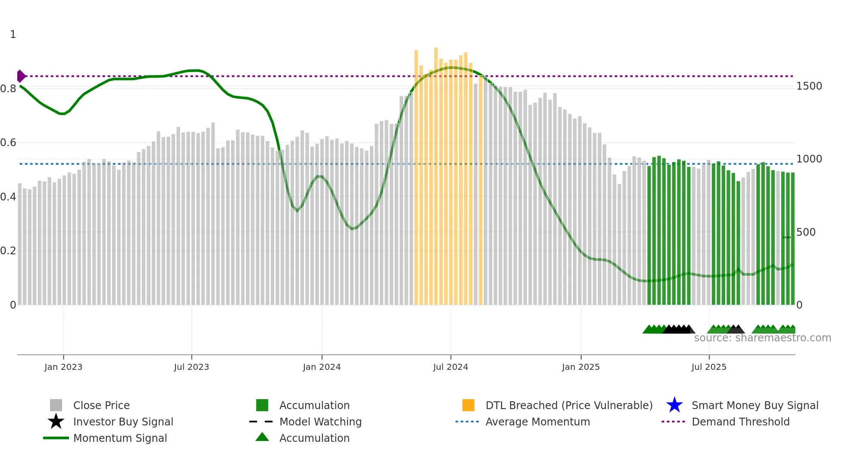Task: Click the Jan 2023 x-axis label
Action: (x=63, y=367)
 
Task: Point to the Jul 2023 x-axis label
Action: (x=191, y=367)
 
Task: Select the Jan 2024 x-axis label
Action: (x=322, y=367)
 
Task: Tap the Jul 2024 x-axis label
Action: (x=451, y=367)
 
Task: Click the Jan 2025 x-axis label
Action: (x=581, y=367)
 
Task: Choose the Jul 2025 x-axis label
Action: (x=709, y=367)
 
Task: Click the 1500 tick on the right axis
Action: (x=809, y=86)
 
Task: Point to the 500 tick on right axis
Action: (x=806, y=232)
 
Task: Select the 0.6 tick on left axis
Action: (x=8, y=143)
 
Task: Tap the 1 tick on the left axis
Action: (x=13, y=34)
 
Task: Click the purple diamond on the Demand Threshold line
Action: (x=21, y=76)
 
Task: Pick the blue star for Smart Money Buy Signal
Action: (x=674, y=405)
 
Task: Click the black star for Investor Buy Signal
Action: (x=56, y=422)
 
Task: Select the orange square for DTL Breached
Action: (x=468, y=405)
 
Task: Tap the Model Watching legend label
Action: (x=320, y=422)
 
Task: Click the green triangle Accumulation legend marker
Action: (x=262, y=437)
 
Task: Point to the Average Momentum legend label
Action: (x=538, y=422)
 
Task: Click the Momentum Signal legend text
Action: (x=120, y=438)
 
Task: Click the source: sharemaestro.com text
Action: (x=762, y=338)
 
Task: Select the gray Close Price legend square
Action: (x=56, y=405)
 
